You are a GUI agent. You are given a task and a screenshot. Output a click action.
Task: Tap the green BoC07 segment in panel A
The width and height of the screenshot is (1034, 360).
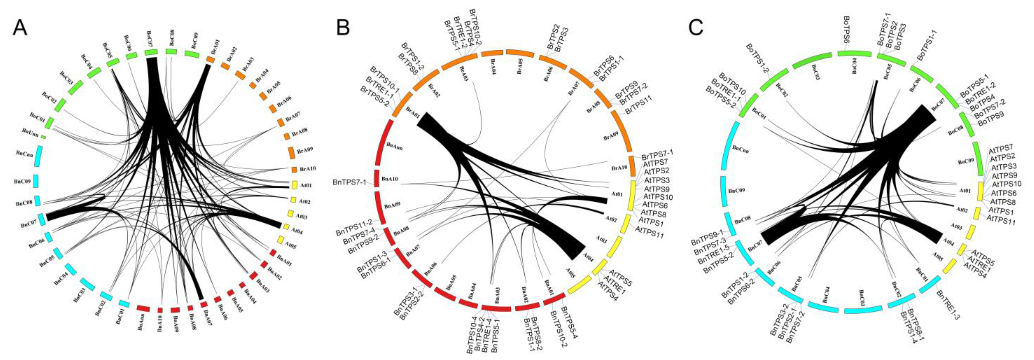152,52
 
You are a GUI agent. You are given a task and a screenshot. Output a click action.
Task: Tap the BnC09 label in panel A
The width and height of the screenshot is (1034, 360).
22,181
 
